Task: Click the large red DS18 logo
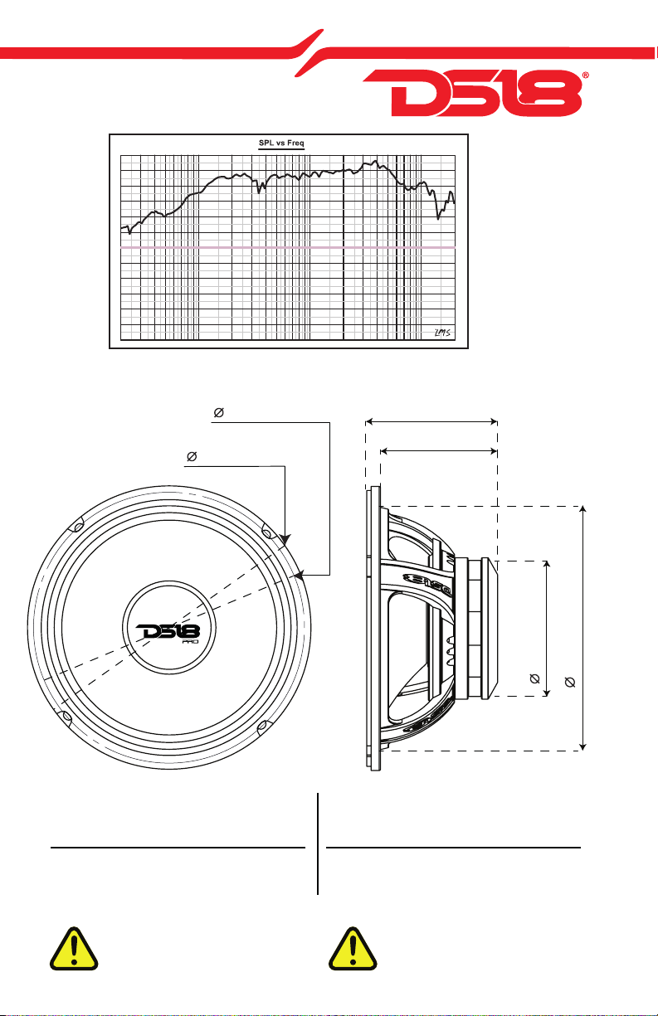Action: (472, 93)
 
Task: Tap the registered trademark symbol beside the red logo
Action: (585, 75)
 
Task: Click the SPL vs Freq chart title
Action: (281, 143)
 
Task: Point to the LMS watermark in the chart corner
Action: (442, 333)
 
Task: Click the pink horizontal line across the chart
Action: (288, 248)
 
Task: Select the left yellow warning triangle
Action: (74, 950)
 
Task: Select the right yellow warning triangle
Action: (353, 950)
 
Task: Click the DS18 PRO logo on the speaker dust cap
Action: (168, 633)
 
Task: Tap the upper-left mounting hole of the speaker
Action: (78, 527)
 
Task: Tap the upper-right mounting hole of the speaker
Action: (267, 532)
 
